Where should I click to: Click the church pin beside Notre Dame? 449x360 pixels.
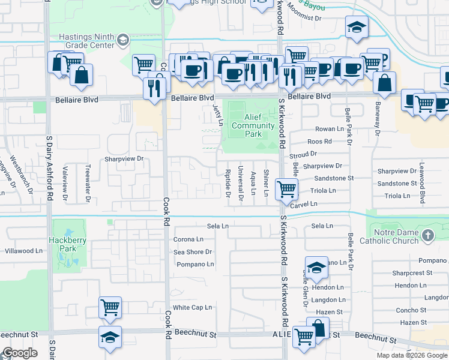(427, 236)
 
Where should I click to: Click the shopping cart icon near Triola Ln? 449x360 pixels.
(286, 190)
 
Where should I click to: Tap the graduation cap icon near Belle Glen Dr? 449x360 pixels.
(316, 268)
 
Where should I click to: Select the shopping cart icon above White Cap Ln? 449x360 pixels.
(110, 308)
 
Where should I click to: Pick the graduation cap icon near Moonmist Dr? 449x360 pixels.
(357, 28)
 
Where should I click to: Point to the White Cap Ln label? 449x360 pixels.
(193, 307)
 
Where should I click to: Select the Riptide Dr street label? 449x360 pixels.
(228, 182)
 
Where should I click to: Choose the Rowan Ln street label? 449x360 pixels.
(328, 129)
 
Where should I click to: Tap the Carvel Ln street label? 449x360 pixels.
(306, 204)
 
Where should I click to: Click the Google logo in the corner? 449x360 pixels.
(20, 353)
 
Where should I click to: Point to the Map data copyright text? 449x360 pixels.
(412, 355)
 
